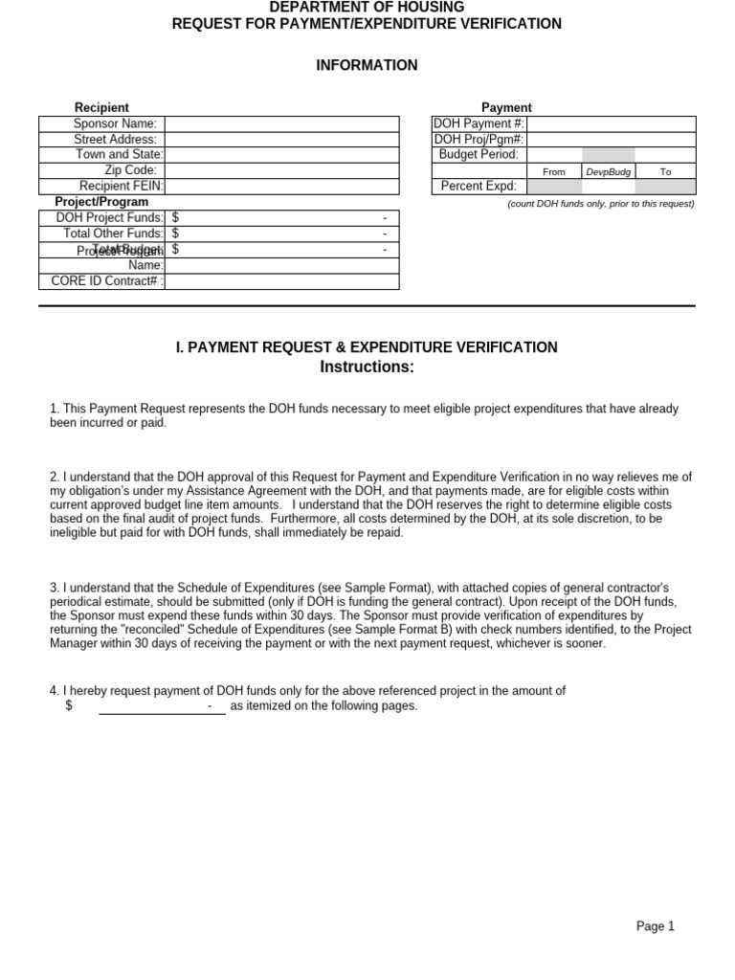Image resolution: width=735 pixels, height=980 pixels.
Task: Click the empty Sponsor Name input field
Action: click(281, 123)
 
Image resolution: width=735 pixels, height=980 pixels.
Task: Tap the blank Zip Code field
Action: click(281, 170)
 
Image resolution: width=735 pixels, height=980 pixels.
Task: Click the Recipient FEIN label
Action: click(121, 186)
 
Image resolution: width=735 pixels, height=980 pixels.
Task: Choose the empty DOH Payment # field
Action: click(611, 123)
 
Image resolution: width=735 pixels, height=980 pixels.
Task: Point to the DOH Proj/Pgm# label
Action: click(479, 139)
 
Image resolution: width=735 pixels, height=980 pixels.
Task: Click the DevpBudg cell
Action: click(608, 171)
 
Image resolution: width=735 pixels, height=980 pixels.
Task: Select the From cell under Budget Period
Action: click(554, 171)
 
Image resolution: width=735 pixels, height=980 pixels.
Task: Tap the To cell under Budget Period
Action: click(665, 171)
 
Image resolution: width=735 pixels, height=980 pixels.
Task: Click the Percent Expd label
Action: click(479, 186)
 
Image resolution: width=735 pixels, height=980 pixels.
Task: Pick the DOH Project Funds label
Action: click(109, 218)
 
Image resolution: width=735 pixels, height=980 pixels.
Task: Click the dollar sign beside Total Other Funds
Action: click(176, 234)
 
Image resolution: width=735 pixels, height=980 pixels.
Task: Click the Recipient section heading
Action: click(101, 108)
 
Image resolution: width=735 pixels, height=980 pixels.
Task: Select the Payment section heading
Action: click(506, 108)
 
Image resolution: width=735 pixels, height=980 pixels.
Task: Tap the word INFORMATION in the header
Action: click(367, 65)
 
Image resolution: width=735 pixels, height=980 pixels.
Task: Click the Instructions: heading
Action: click(367, 367)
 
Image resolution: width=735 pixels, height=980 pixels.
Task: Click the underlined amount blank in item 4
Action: click(162, 707)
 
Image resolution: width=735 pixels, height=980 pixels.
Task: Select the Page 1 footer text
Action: click(656, 925)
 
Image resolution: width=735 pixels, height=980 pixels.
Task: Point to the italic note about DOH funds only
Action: click(600, 204)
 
